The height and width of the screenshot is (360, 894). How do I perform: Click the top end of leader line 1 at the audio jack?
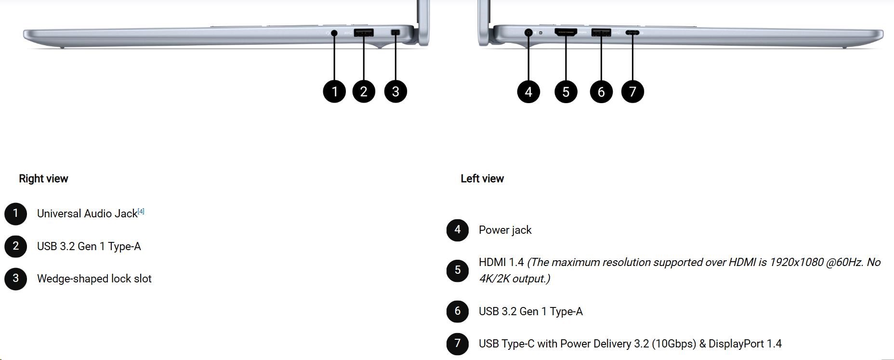click(334, 33)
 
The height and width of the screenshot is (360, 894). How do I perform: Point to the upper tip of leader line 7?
click(632, 33)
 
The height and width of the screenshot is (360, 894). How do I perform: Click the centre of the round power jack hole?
click(528, 33)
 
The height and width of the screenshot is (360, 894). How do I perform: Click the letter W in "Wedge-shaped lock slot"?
click(42, 279)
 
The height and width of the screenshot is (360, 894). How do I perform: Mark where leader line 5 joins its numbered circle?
click(565, 80)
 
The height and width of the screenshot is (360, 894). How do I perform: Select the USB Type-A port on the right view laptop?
click(364, 33)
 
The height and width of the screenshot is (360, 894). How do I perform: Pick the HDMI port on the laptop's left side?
click(565, 32)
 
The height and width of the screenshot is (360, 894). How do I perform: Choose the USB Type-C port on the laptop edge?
click(632, 33)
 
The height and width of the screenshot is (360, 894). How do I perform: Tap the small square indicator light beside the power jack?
click(540, 33)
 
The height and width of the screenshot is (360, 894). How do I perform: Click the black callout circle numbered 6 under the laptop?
click(601, 92)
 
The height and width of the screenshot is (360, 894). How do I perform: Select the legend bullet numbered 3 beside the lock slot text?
click(15, 279)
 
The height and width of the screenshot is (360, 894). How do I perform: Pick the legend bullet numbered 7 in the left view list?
click(458, 344)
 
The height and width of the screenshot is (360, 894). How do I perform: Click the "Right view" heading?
click(43, 179)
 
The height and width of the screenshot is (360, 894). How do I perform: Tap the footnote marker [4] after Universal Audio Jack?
click(141, 211)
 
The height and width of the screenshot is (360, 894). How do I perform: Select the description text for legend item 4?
click(505, 230)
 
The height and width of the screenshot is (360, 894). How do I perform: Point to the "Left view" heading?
click(482, 179)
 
